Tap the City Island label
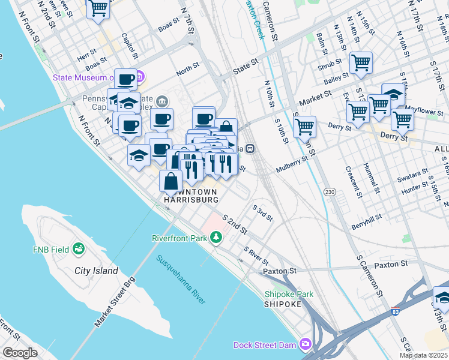[96, 271]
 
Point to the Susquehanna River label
[181, 280]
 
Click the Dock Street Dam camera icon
[306, 344]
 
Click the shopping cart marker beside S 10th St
[304, 127]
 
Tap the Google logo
[20, 352]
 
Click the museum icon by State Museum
[140, 77]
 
